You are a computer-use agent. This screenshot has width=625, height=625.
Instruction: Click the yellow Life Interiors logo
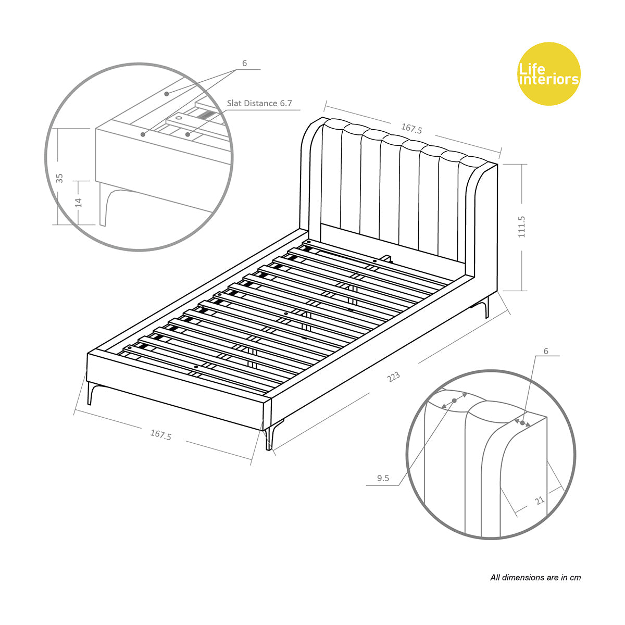tap(548, 73)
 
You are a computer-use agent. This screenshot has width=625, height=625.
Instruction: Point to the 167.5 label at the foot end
tap(160, 434)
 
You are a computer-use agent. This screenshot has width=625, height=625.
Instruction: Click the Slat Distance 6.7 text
tap(259, 103)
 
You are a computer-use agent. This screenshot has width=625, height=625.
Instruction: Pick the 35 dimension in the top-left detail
tap(59, 178)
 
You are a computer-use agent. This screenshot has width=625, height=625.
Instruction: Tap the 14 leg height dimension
tap(79, 202)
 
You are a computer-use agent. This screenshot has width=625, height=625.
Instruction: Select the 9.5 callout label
tap(383, 478)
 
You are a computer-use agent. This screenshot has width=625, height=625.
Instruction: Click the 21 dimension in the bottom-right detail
tap(540, 500)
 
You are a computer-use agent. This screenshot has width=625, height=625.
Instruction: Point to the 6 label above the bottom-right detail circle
tap(546, 351)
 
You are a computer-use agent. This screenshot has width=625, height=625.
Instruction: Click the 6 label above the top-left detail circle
tap(244, 64)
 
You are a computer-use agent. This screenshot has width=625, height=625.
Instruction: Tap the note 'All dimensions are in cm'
tap(535, 577)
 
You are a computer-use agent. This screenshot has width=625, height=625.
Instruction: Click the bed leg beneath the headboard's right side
tap(486, 307)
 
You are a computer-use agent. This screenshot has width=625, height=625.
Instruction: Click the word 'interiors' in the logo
tap(549, 80)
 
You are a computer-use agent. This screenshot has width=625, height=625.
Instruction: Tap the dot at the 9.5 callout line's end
tap(454, 400)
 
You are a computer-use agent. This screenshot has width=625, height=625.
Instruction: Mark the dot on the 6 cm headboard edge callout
tap(522, 423)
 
